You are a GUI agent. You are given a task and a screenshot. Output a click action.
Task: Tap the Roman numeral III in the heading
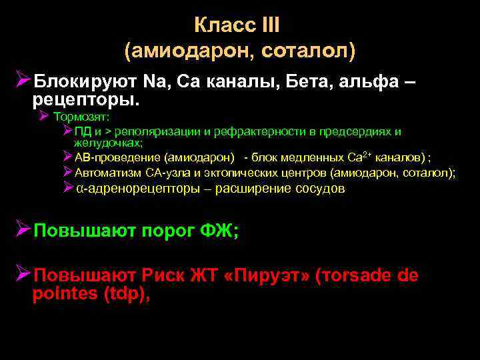tap(271, 26)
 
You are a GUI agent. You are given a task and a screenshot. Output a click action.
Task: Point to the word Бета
tap(311, 82)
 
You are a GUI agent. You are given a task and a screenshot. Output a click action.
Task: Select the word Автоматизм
tap(103, 173)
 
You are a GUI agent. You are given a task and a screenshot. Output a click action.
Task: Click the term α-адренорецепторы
tap(137, 188)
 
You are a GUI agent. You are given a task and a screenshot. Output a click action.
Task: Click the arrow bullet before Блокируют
tap(24, 81)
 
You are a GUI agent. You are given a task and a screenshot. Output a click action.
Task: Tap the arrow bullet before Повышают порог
tap(24, 231)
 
